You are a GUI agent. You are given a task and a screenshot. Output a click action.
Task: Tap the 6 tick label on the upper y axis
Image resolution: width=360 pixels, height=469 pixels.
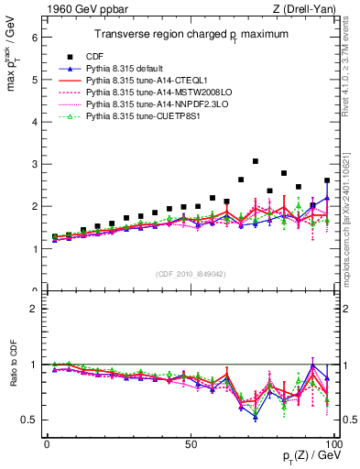point(34,38)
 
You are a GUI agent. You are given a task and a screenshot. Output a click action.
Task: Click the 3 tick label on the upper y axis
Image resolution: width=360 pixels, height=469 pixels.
point(34,164)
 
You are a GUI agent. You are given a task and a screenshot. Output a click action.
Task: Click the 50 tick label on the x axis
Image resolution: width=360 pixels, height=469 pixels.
point(191,442)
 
